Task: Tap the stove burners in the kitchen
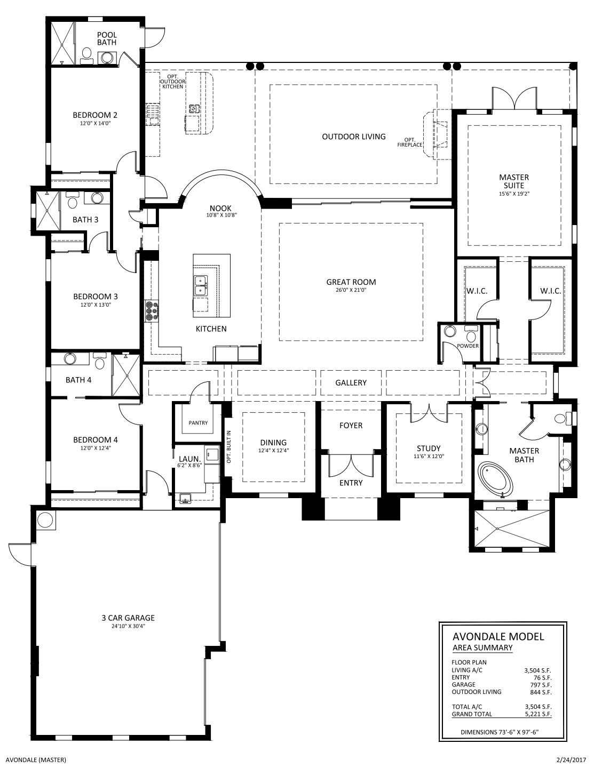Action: (152, 310)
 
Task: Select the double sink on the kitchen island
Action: (201, 285)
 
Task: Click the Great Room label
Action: (351, 282)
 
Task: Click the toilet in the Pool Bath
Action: (85, 56)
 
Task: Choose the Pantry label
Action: (198, 423)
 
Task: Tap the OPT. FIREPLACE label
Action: (410, 142)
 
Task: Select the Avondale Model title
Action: (498, 637)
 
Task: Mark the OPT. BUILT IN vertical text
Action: (228, 446)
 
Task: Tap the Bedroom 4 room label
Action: (96, 439)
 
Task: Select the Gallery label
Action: (351, 382)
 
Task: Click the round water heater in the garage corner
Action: (45, 520)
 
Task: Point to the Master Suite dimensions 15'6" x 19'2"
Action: (514, 194)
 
